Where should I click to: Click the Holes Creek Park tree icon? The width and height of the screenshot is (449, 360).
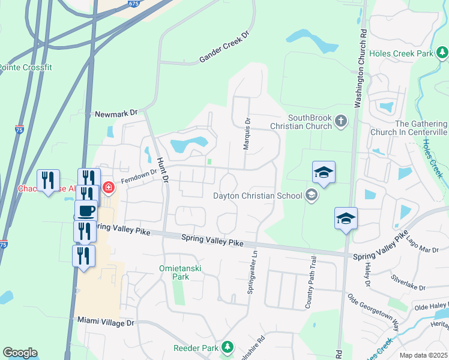(x=442, y=53)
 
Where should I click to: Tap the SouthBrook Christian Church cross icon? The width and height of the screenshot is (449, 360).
(x=340, y=122)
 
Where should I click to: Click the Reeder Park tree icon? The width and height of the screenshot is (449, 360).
(x=227, y=347)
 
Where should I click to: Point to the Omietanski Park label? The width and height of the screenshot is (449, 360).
(x=173, y=272)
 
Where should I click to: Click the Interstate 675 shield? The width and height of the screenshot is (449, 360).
(x=133, y=3)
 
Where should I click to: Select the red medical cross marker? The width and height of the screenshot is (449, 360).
(x=108, y=188)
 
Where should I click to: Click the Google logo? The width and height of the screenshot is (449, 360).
(x=20, y=353)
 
